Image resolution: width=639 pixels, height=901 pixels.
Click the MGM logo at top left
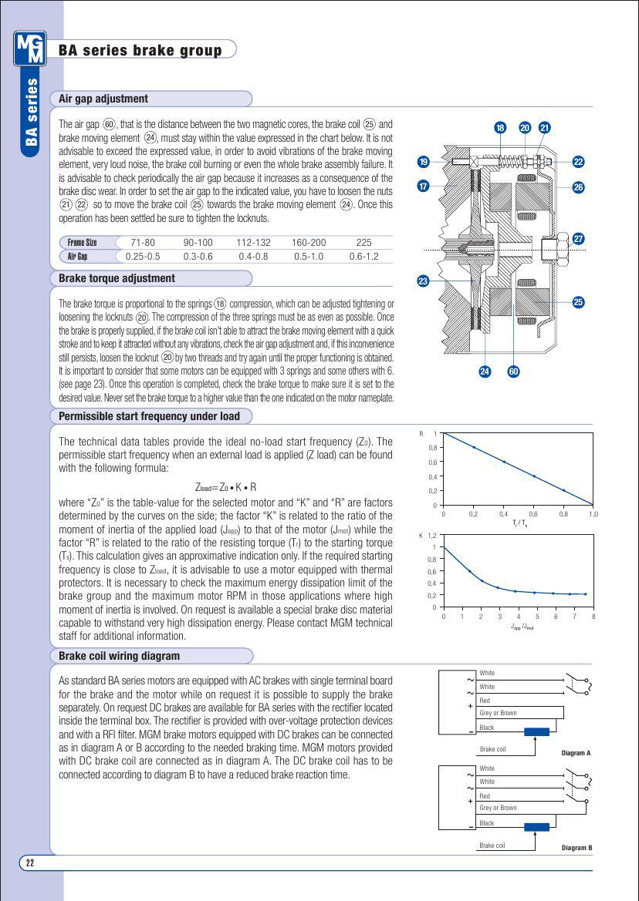pos(30,49)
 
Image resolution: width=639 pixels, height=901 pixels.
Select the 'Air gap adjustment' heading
pos(103,99)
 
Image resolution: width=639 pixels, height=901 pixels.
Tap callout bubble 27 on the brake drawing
pos(578,239)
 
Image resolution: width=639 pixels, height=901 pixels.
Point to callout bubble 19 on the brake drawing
pos(423,162)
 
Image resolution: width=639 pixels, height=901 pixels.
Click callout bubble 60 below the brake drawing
pos(513,371)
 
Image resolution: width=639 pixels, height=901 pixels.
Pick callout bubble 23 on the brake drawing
pos(423,281)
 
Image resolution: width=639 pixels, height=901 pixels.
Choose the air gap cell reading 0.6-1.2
pos(363,257)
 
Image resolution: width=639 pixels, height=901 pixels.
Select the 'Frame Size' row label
pos(82,243)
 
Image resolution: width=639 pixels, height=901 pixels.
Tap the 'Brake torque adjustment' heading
pos(117,278)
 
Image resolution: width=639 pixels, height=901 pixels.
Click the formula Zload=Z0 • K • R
pos(225,487)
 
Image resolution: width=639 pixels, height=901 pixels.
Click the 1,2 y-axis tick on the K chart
pos(431,535)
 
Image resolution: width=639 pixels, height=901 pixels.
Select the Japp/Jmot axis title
pos(522,627)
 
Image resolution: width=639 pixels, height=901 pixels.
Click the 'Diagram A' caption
pos(576,753)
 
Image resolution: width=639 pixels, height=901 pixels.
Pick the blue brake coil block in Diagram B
pos(536,827)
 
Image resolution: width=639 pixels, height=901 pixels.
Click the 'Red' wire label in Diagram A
pos(485,701)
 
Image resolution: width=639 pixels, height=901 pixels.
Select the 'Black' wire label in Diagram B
pos(486,823)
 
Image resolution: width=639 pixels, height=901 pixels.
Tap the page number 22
pos(30,862)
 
